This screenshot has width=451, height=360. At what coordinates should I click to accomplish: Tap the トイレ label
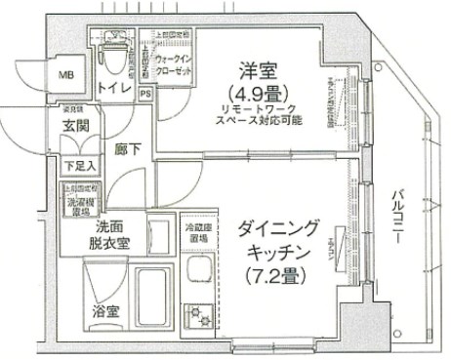pos(118,88)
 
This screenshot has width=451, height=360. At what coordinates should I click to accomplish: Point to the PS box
pos(145,94)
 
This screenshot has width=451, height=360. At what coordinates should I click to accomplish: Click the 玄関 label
pos(77,126)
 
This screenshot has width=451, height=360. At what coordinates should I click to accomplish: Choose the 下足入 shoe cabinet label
pos(76,165)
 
